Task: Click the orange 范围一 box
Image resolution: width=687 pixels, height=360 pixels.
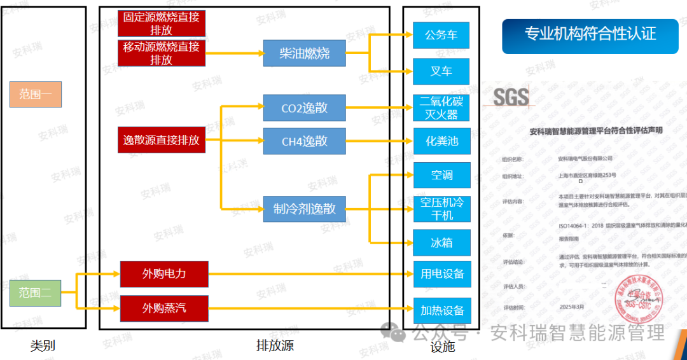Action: (35, 94)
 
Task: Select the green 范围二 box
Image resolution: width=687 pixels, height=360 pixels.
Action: (35, 293)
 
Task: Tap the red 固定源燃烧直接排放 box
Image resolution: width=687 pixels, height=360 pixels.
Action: (162, 23)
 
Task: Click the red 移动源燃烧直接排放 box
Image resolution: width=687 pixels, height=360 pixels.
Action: (162, 53)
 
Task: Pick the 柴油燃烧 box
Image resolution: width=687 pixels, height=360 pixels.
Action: (305, 53)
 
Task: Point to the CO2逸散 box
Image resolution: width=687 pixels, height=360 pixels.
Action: (305, 107)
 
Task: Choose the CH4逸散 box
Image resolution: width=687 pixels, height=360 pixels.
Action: (305, 141)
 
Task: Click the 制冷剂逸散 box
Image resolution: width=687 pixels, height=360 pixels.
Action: (305, 209)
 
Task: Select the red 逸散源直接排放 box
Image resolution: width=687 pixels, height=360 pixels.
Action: (162, 140)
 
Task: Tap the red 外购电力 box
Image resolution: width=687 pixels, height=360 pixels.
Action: (164, 274)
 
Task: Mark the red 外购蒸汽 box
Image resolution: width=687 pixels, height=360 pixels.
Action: (164, 308)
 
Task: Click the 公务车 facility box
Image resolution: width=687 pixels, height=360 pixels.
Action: (441, 35)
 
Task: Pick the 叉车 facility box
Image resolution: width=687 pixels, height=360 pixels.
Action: (441, 71)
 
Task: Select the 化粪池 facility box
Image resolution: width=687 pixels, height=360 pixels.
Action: (441, 141)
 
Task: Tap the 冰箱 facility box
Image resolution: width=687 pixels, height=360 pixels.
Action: (441, 243)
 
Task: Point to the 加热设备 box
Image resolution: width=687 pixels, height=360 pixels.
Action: (442, 310)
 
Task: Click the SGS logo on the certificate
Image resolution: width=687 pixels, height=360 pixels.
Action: (511, 97)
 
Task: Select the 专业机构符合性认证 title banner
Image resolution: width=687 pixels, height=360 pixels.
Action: (590, 34)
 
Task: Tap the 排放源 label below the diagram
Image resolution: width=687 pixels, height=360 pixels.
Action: (275, 346)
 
